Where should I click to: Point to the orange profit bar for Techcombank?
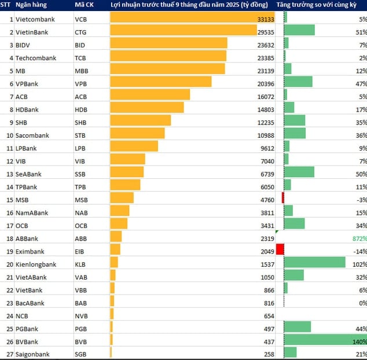[x=168, y=58]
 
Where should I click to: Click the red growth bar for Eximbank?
[x=280, y=249]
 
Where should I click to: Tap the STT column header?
[x=8, y=5]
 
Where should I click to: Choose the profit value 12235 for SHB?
[x=265, y=122]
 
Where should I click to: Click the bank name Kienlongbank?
[x=36, y=265]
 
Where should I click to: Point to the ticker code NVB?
[x=82, y=316]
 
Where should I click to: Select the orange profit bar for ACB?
[x=150, y=97]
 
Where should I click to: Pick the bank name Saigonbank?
[x=33, y=354]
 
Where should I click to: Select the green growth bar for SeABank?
[x=300, y=174]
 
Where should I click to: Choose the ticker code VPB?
[x=81, y=83]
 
